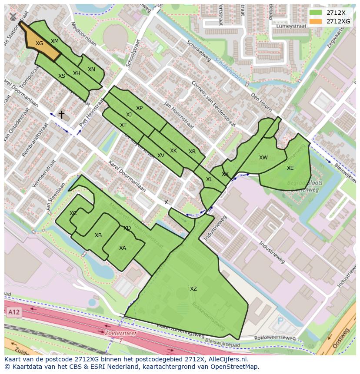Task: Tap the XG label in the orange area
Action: [40, 43]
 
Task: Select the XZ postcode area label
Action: [193, 289]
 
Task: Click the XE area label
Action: [290, 168]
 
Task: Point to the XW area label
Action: [263, 158]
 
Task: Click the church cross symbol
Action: [62, 115]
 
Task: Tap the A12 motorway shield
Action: [13, 312]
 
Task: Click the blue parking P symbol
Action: [280, 321]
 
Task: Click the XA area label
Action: [123, 248]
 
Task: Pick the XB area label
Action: [98, 235]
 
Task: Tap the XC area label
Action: [73, 213]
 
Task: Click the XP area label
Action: [139, 108]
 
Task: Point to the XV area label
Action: [161, 156]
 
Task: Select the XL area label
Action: [209, 179]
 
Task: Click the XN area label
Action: [91, 70]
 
